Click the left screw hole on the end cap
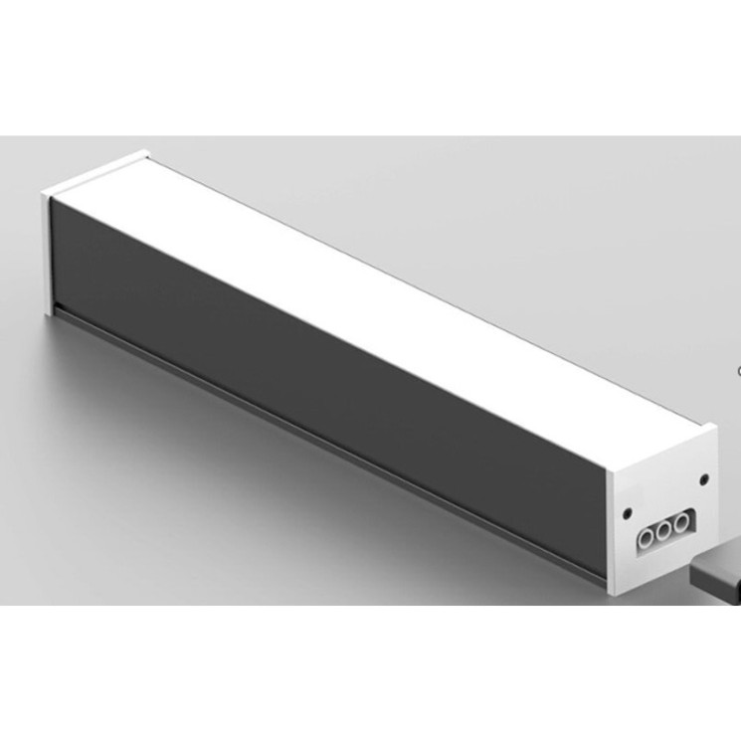pyautogui.click(x=628, y=514)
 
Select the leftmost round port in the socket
pyautogui.click(x=647, y=537)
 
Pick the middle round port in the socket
pyautogui.click(x=664, y=529)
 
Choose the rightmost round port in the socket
pyautogui.click(x=681, y=521)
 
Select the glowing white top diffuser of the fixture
pyautogui.click(x=398, y=278)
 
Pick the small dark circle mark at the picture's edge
pyautogui.click(x=738, y=370)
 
